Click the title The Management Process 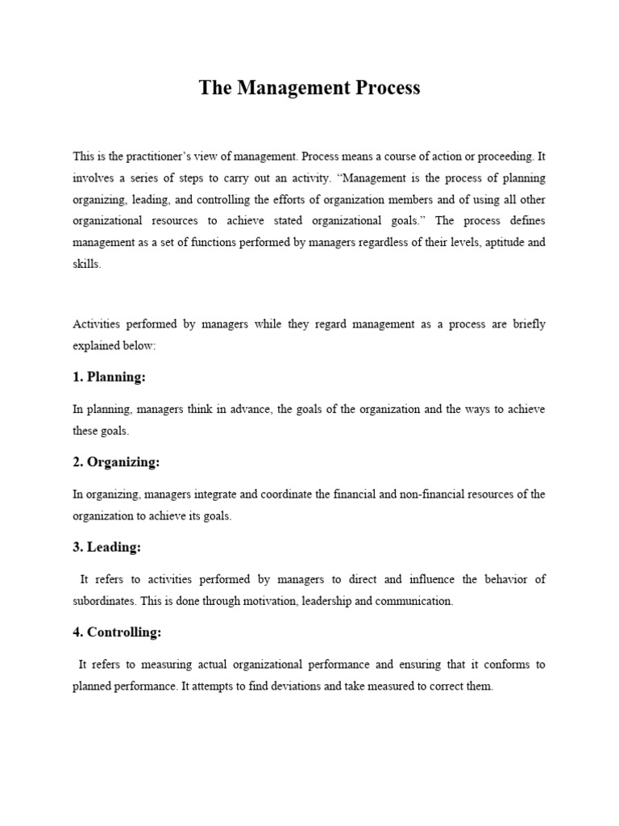coord(309,89)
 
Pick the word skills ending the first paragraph coord(86,264)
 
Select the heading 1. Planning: coord(109,377)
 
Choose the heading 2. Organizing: coord(116,462)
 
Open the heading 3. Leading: coord(106,548)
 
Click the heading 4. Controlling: coord(117,632)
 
